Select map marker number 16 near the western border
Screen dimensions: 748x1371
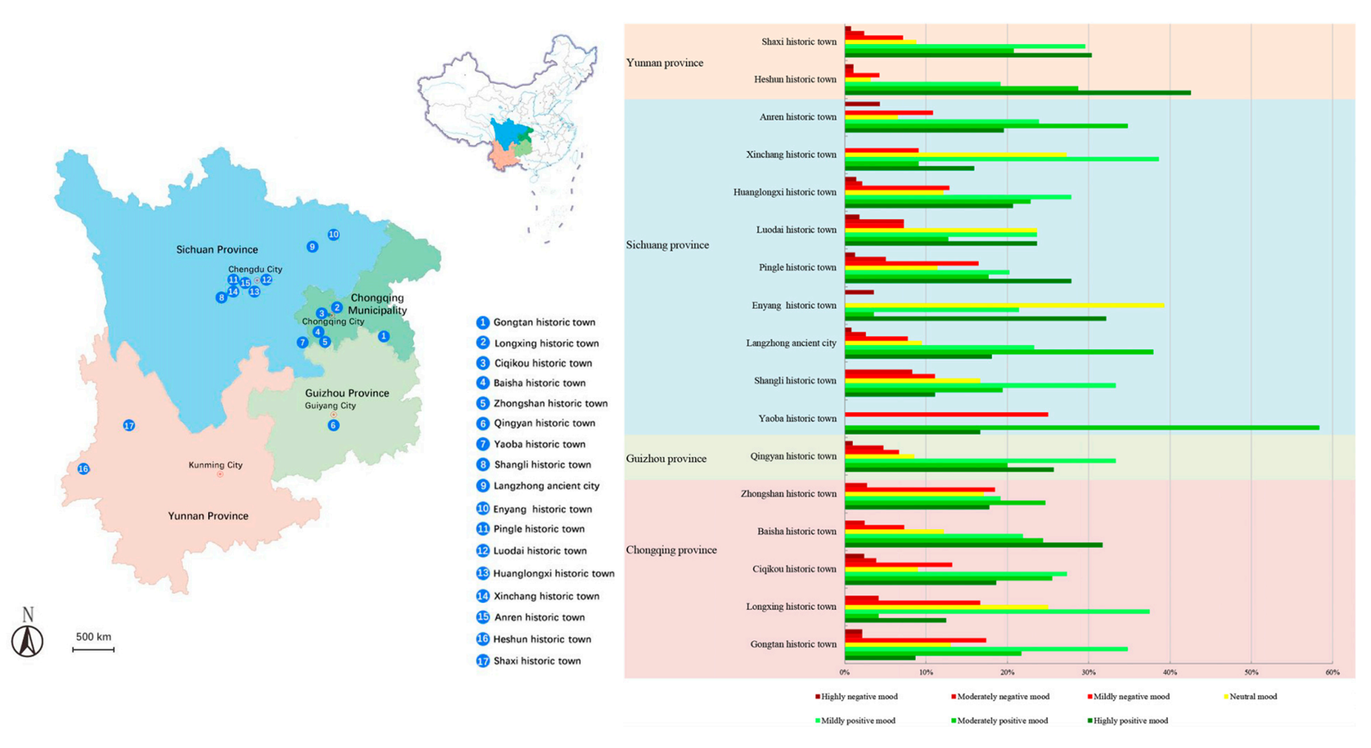click(84, 469)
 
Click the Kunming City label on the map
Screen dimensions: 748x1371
click(216, 465)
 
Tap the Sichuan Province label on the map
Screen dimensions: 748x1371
click(217, 249)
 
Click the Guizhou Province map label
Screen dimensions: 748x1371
click(347, 393)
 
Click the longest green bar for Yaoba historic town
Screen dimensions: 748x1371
click(1080, 427)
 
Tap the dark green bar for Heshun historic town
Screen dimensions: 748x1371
click(1017, 93)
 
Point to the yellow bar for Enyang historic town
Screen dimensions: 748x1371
click(1003, 305)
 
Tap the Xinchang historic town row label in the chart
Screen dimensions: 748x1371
click(791, 154)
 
